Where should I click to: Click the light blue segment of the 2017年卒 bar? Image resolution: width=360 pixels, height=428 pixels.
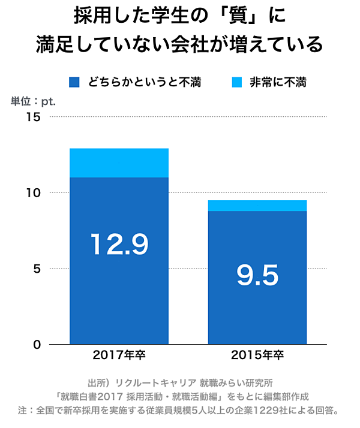(x=119, y=162)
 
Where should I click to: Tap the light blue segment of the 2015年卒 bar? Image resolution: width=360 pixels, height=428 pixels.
(x=257, y=206)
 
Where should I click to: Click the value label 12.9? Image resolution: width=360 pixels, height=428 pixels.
(x=119, y=244)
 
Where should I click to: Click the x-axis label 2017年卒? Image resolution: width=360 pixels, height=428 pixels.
(x=119, y=355)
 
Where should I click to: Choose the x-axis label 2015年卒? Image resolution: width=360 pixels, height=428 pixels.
(x=257, y=355)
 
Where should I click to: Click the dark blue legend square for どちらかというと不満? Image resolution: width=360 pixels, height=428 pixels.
(x=74, y=82)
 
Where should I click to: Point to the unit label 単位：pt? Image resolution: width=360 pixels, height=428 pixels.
(x=33, y=101)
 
